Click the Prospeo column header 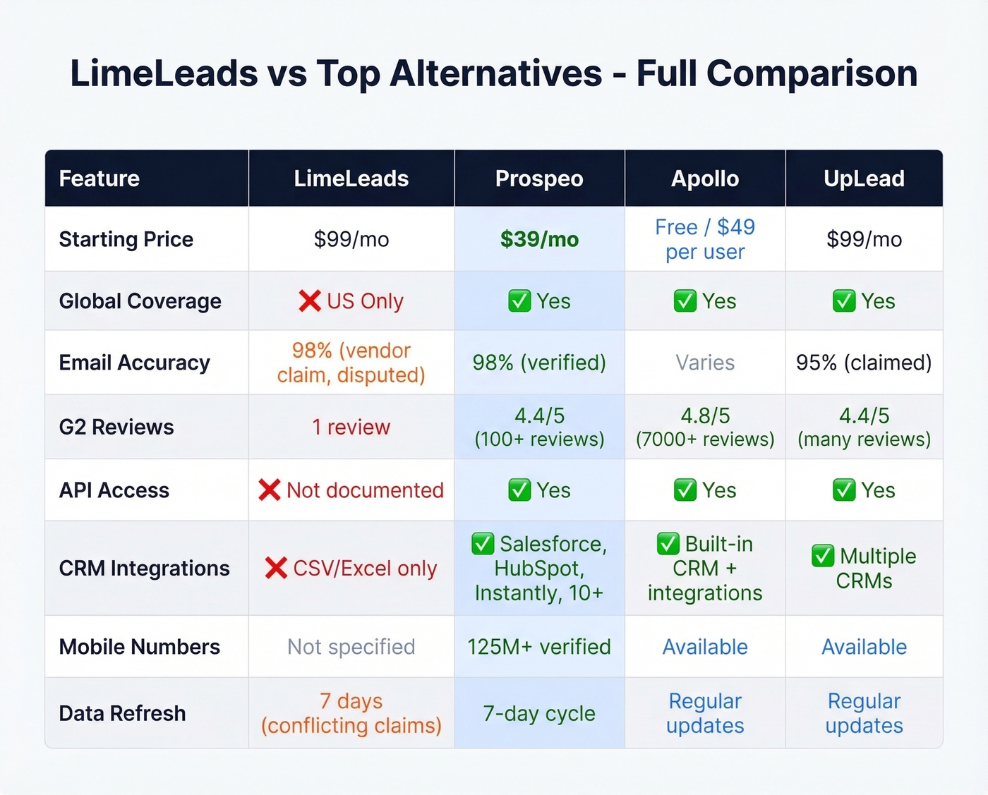pos(539,178)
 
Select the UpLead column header pos(864,178)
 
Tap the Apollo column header pos(705,178)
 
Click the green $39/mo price pos(539,239)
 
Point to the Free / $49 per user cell pos(705,239)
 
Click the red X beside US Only pos(309,301)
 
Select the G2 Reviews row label pos(116,427)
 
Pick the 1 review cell pos(351,427)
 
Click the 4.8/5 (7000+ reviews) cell pos(705,427)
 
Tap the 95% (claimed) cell pos(864,363)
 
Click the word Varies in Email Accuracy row pos(705,363)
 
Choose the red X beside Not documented pos(270,490)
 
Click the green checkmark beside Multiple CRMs pos(822,556)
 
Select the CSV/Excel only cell pos(351,568)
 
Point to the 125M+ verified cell pos(539,647)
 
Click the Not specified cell pos(351,647)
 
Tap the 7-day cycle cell pos(539,713)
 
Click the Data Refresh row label pos(122,713)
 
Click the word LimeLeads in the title pos(164,73)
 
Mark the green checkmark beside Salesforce pos(483,544)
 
